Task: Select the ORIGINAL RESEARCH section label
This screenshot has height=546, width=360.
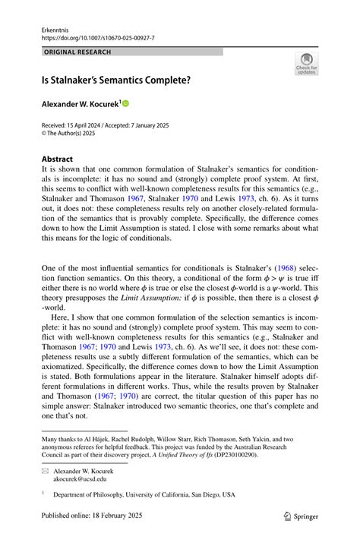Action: [x=78, y=52]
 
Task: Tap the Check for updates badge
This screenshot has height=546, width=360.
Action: [x=306, y=63]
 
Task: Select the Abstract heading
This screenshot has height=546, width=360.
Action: [x=58, y=159]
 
